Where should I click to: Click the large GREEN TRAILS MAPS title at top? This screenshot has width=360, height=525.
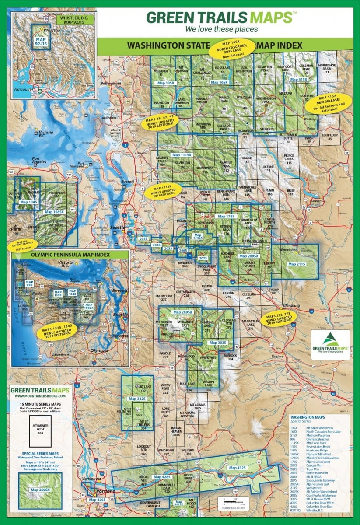tap(219, 17)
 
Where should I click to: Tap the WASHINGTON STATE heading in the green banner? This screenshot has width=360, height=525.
tap(168, 45)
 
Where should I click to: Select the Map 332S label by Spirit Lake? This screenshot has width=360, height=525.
tap(137, 399)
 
